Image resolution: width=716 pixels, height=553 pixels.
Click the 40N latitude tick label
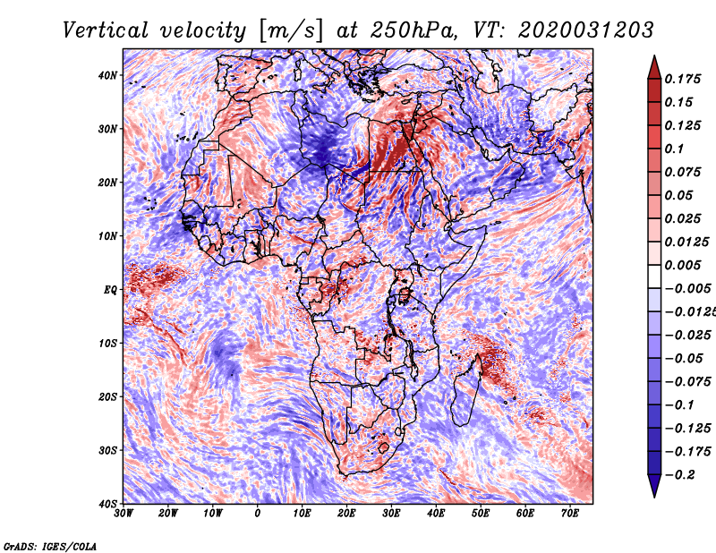[107, 75]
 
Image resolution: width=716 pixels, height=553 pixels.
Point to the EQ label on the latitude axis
[110, 290]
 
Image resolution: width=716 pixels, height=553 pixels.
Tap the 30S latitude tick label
[107, 450]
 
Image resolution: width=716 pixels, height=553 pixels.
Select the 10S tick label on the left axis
[107, 343]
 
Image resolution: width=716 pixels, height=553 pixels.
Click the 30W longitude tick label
[124, 514]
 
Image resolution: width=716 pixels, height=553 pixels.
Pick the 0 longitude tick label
[257, 514]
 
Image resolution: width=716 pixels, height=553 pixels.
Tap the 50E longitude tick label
[481, 514]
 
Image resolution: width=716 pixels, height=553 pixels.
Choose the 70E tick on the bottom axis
[569, 514]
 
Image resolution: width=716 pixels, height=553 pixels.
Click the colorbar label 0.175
[683, 79]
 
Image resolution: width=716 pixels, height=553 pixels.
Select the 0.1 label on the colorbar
[675, 149]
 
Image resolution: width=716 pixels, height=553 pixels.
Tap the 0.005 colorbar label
[683, 265]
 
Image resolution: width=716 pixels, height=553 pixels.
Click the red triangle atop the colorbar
[654, 69]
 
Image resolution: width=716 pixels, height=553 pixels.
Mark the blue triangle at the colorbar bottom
[654, 485]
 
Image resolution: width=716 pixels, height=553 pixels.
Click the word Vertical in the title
[106, 30]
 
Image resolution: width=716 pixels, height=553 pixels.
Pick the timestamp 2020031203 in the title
[586, 30]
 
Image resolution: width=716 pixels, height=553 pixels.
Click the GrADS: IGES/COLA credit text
[50, 547]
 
